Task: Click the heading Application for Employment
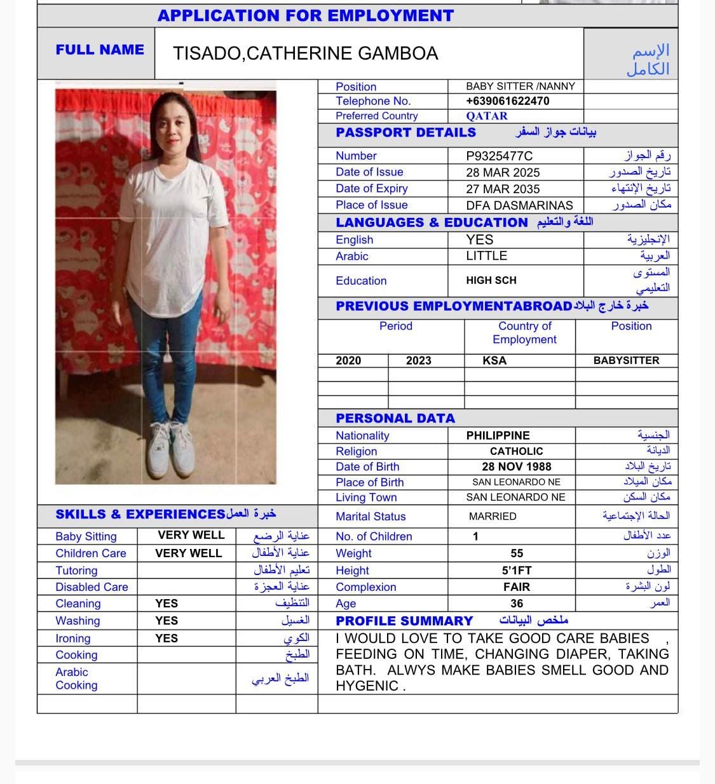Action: point(306,16)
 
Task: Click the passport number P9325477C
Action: point(499,156)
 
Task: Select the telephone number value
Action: point(507,101)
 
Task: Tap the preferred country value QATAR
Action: point(487,116)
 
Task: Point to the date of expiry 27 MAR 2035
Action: point(503,189)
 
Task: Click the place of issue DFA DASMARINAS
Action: point(519,205)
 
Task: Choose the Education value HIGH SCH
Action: point(491,280)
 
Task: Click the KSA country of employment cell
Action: point(494,361)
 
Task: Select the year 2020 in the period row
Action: point(348,361)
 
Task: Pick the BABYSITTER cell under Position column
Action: point(626,361)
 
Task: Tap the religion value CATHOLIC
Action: point(516,452)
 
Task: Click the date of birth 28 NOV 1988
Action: point(516,467)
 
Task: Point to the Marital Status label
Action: point(371,517)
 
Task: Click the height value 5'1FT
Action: point(516,571)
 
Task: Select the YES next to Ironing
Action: point(167,638)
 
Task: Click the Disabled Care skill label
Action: point(92,587)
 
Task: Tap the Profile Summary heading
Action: point(404,621)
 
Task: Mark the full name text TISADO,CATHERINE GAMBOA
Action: point(305,53)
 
